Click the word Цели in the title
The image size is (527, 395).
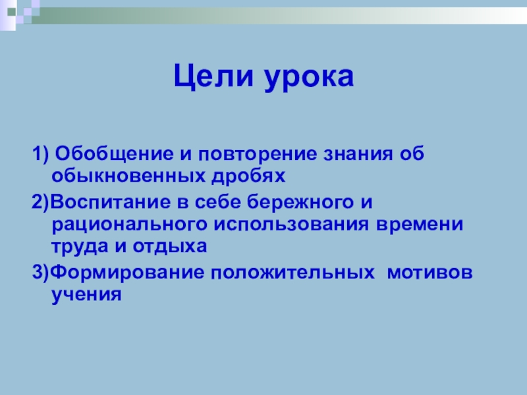pos(213,76)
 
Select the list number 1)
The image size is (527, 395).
pos(41,154)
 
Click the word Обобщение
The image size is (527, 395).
pos(114,154)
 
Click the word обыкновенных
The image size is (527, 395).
pos(128,176)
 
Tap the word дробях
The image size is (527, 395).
pos(248,176)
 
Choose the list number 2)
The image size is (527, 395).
pos(40,202)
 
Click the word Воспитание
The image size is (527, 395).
pos(110,203)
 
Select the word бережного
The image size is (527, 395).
pos(300,202)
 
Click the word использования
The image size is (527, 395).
pos(291,224)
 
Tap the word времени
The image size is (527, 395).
pos(420,224)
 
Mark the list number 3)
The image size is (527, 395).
pos(41,272)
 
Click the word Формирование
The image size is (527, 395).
pos(127,272)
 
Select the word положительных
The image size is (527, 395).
pos(292,273)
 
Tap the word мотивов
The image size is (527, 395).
pos(430,273)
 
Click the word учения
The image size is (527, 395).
pos(86,294)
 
